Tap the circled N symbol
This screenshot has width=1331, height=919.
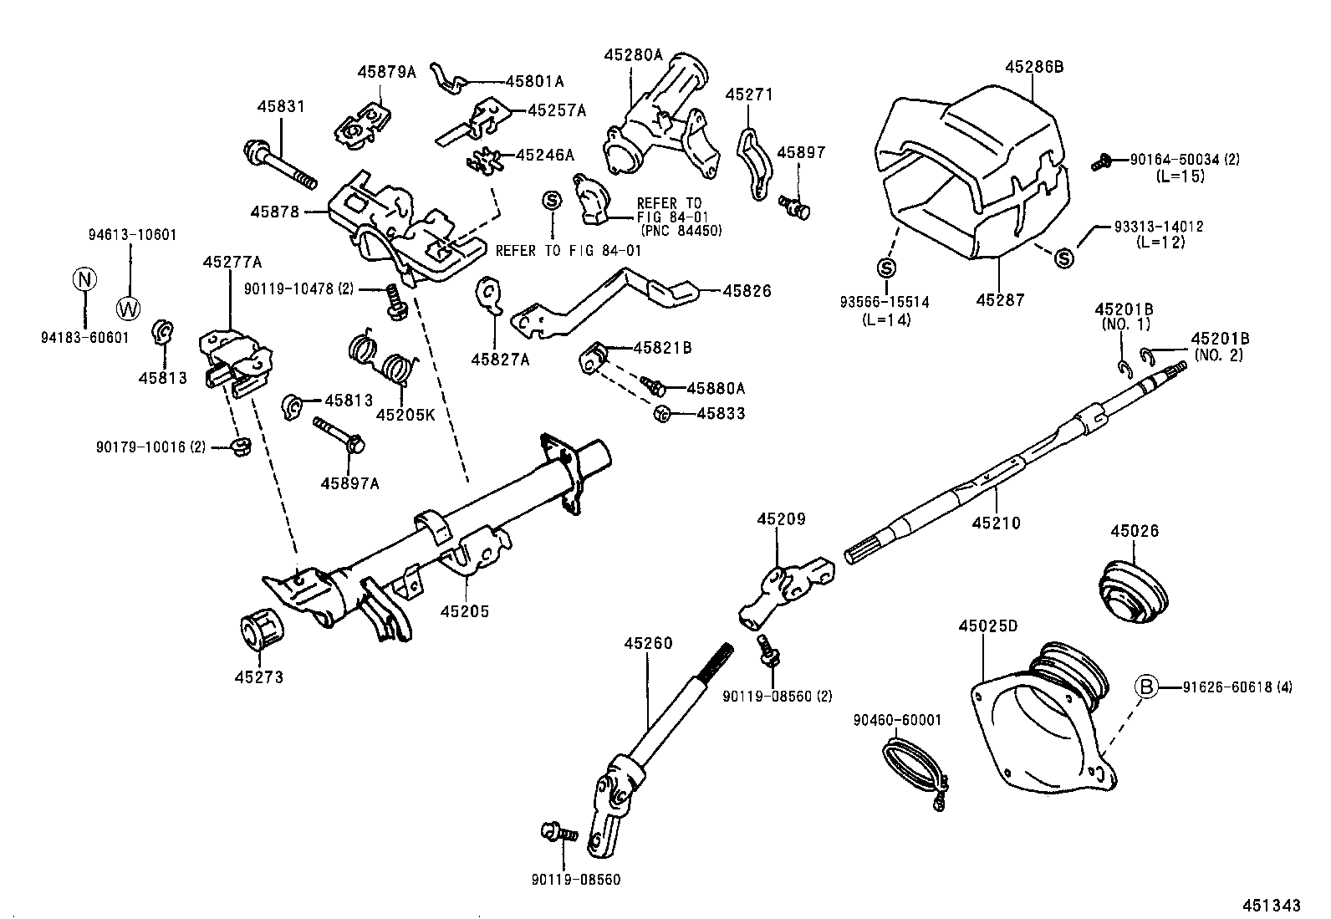pos(84,279)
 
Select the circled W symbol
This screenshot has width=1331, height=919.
pos(129,308)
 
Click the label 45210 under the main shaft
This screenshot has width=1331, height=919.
pos(996,523)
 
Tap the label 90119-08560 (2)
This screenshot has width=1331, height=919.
pos(778,696)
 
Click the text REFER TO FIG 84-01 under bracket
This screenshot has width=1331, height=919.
pos(569,250)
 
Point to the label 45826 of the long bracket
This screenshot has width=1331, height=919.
pos(747,291)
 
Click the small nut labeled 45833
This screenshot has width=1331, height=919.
pos(661,412)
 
